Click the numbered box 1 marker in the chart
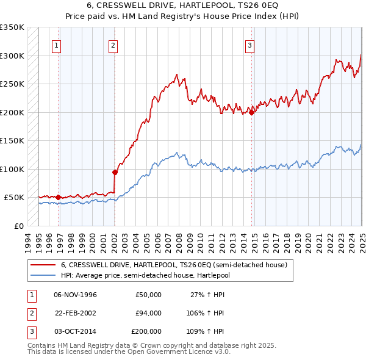click(x=56, y=45)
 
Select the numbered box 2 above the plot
click(x=113, y=45)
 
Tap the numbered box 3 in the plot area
click(x=250, y=45)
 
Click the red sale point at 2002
click(x=115, y=172)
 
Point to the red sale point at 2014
click(x=251, y=112)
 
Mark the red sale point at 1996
click(x=59, y=197)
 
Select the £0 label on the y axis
click(x=18, y=226)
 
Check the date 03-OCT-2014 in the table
click(x=76, y=331)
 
